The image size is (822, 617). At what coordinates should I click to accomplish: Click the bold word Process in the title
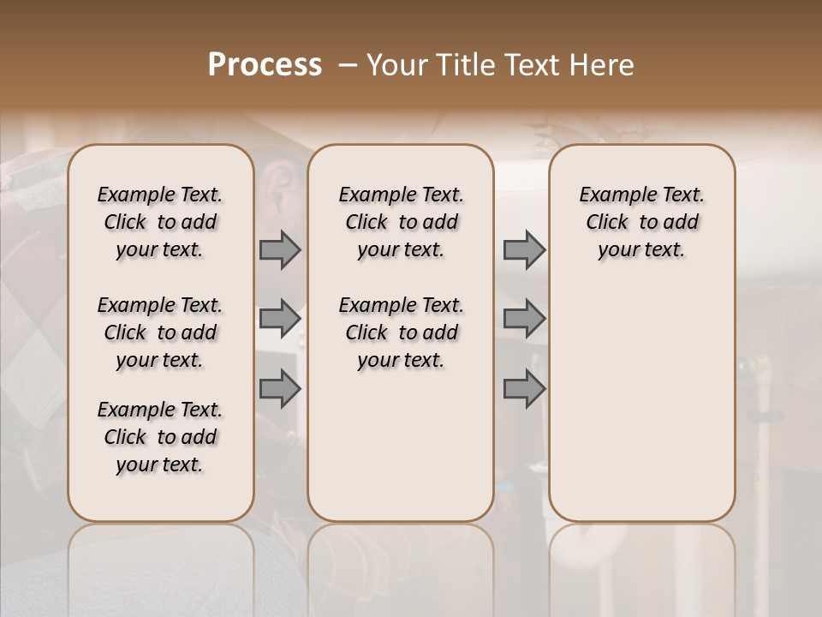point(265,65)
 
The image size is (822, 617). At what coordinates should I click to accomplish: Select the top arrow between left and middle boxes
point(280,249)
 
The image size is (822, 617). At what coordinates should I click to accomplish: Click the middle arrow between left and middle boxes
point(280,319)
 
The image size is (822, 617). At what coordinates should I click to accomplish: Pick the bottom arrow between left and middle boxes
point(280,388)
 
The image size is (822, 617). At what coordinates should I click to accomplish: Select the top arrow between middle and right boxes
point(524,249)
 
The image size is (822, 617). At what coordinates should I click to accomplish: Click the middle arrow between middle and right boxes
point(524,319)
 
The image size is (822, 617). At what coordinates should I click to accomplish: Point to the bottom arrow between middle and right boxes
point(524,388)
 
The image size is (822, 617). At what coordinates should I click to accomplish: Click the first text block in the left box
point(160,222)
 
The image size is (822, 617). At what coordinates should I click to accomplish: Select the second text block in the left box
point(160,332)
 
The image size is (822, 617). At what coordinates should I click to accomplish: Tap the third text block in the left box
point(160,437)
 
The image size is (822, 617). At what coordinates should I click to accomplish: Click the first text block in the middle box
point(401,222)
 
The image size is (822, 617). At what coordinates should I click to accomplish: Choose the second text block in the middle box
point(401,332)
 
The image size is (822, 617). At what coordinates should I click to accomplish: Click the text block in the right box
point(641,222)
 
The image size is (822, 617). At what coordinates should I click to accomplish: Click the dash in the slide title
point(348,65)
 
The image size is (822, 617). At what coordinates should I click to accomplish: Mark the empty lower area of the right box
point(641,403)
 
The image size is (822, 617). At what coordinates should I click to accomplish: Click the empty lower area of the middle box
point(401,446)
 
